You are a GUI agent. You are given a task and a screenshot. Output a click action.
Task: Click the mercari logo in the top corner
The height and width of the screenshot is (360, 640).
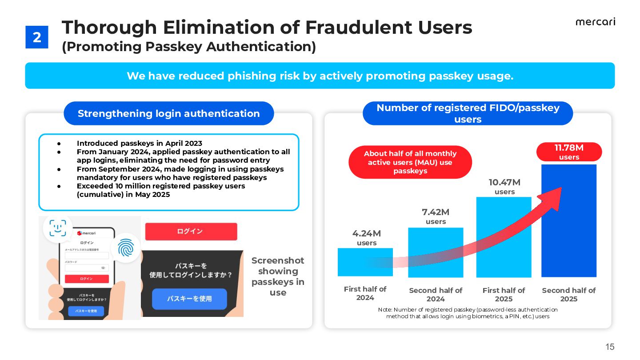point(595,22)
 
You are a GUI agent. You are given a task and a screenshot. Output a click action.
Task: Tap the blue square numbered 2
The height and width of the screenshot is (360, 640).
point(37,37)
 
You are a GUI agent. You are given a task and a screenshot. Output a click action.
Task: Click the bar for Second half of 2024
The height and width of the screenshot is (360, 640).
point(435,252)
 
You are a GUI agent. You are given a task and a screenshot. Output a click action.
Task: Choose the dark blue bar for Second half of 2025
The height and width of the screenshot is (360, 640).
point(568,220)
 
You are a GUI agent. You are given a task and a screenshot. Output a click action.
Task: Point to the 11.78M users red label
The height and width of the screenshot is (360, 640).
point(569,152)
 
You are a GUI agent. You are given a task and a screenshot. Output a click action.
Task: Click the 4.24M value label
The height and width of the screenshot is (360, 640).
point(367,234)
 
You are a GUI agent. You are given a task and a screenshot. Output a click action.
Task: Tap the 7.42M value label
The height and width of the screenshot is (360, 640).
point(436,212)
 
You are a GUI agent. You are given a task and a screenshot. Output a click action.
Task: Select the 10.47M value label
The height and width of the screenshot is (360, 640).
point(504,183)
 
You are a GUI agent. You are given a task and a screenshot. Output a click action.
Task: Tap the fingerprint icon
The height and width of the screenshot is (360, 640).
point(125,248)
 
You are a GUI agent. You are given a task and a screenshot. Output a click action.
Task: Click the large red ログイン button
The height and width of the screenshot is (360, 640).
point(191,232)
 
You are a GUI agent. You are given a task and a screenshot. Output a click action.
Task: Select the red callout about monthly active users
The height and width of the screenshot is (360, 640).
point(410,162)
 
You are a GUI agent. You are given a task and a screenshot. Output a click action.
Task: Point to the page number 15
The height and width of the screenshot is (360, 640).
point(610,347)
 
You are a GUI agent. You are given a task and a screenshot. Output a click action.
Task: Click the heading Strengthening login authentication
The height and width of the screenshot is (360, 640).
point(168,113)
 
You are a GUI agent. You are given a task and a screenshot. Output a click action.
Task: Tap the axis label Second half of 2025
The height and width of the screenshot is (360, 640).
point(568,294)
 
